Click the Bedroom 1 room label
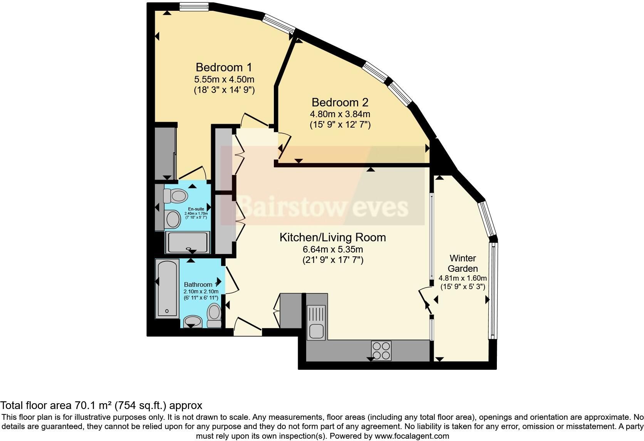[x=224, y=67]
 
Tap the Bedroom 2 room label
[x=340, y=103]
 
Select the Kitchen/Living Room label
[x=333, y=237]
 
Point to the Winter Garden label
[x=463, y=263]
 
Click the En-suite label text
[x=196, y=209]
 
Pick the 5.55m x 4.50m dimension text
[x=224, y=79]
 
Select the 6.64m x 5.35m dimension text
[x=333, y=249]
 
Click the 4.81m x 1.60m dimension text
[x=463, y=278]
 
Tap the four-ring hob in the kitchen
[x=381, y=351]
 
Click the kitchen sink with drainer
[x=316, y=323]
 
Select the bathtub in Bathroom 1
[x=166, y=288]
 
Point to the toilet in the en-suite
[x=175, y=196]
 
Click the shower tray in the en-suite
[x=188, y=242]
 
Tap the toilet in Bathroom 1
[x=214, y=315]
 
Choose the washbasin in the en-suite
[x=172, y=219]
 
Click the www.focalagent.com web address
[x=412, y=436]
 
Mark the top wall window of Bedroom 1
[x=194, y=7]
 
